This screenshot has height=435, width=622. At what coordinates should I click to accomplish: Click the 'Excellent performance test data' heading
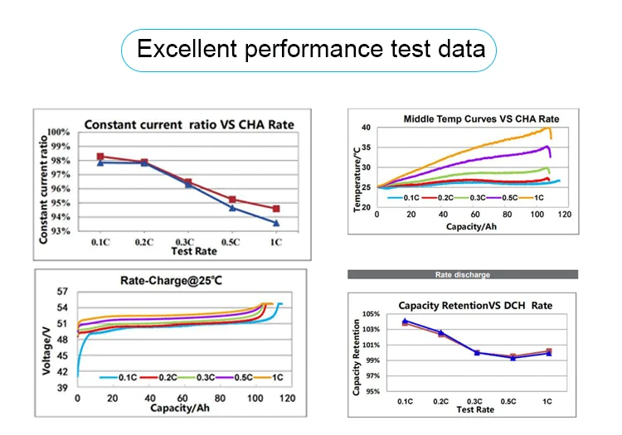(x=311, y=49)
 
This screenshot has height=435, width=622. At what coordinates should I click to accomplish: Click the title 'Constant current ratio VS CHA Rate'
(x=189, y=125)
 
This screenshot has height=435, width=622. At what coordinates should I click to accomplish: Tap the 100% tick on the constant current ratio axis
(x=58, y=133)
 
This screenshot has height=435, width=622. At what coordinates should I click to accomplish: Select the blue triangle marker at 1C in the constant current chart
(x=276, y=223)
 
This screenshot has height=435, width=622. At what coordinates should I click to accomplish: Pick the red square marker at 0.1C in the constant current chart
(x=100, y=157)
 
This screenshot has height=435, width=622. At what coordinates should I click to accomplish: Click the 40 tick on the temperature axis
(x=366, y=128)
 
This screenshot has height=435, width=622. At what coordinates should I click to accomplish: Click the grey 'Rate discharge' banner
(x=463, y=274)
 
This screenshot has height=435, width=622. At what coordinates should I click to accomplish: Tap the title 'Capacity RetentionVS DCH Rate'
(x=475, y=306)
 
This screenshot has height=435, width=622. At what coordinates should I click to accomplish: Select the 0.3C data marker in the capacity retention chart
(x=477, y=353)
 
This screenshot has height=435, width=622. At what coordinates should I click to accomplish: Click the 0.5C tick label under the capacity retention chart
(x=513, y=401)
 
